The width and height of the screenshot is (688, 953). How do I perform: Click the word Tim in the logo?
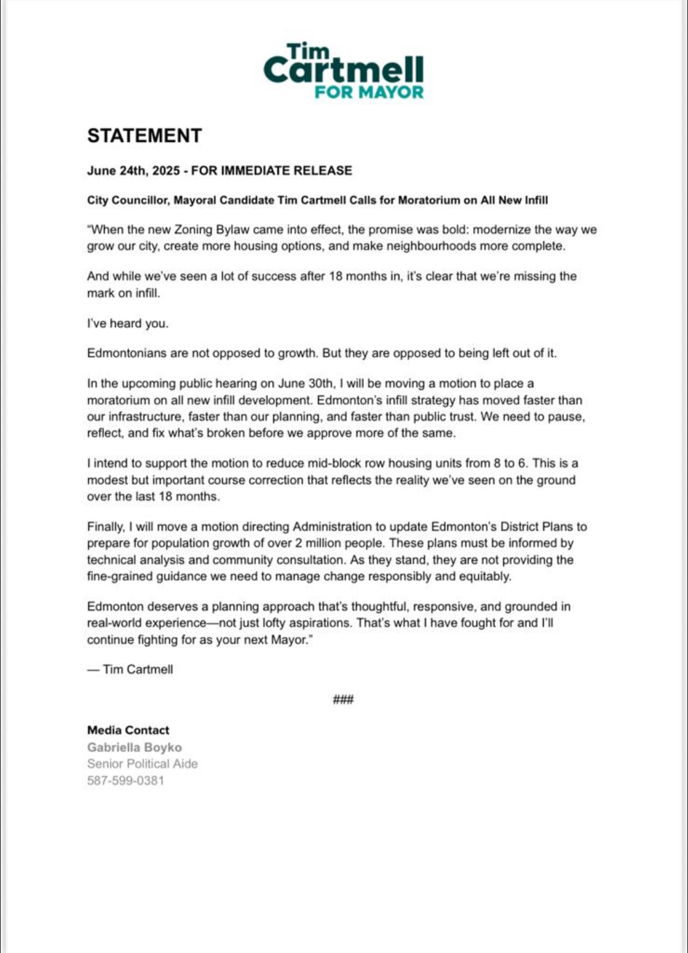308,52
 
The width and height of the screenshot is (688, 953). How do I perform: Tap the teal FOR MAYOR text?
369,92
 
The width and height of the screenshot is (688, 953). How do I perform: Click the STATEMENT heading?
145,136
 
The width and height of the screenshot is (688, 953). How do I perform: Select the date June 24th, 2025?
133,171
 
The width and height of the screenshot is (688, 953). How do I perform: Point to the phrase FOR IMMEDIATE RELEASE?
272,171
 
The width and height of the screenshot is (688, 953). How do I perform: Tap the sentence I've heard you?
128,323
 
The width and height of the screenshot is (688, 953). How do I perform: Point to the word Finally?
106,527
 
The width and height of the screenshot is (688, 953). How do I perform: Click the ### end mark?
343,699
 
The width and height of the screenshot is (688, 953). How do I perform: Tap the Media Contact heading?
128,730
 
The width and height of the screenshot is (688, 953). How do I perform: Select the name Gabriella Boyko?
135,747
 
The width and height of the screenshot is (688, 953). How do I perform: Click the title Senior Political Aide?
142,764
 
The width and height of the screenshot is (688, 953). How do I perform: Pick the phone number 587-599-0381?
126,781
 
